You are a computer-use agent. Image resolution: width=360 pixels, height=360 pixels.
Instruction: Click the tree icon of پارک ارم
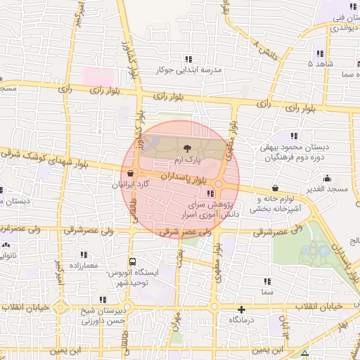point(187,148)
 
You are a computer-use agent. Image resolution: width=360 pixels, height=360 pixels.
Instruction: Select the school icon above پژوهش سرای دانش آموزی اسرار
point(210,194)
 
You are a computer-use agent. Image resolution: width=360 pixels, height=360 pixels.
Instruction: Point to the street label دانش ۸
point(264,51)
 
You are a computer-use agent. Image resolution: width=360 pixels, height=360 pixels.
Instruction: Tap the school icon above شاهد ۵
point(320,53)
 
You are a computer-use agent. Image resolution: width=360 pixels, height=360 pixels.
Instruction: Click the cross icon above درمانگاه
point(242,309)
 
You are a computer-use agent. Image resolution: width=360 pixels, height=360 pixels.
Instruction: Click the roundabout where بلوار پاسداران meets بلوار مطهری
point(219,184)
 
